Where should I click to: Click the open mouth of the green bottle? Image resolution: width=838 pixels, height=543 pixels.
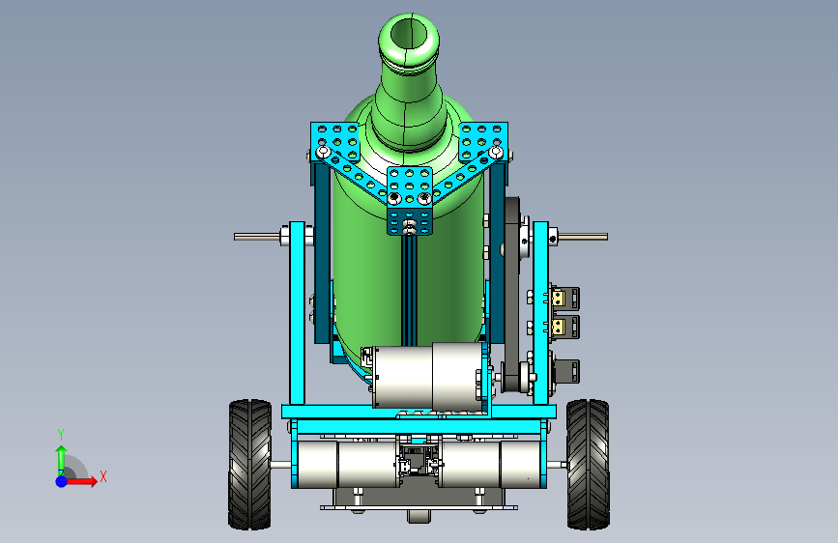408,36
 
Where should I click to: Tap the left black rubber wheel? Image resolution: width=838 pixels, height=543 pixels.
249,465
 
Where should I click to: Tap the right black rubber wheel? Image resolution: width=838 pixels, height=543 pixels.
588,465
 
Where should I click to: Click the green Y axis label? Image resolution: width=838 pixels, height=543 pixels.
61,435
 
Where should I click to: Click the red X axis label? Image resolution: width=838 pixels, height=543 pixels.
103,476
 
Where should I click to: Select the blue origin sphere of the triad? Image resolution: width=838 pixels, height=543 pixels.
62,481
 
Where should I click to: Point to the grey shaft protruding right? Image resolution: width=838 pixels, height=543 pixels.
583,236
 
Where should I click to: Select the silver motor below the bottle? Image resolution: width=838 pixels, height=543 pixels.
428,376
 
